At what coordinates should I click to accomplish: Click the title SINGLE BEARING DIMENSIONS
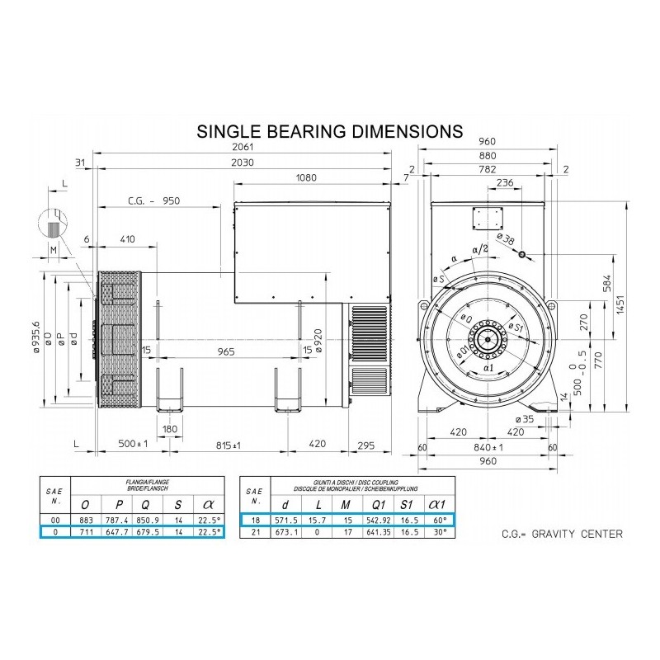click(x=327, y=132)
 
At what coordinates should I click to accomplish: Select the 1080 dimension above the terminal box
click(x=307, y=178)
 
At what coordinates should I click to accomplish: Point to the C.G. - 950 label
click(x=154, y=200)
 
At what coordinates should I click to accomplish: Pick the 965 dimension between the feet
click(x=227, y=351)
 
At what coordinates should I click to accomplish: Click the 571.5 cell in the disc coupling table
click(x=285, y=520)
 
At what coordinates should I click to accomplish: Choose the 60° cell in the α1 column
click(x=440, y=520)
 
